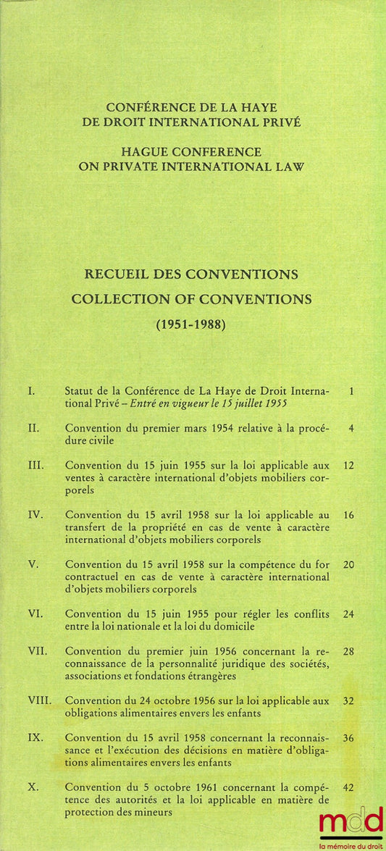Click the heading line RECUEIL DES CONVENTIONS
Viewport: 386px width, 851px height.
(x=192, y=275)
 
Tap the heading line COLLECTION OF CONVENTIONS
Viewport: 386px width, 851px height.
(x=192, y=298)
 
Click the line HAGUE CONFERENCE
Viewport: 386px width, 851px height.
(x=192, y=151)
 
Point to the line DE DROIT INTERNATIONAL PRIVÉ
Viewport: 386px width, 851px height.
(x=192, y=122)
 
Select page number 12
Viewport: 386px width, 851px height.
(x=348, y=465)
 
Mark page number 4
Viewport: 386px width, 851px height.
(x=351, y=428)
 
